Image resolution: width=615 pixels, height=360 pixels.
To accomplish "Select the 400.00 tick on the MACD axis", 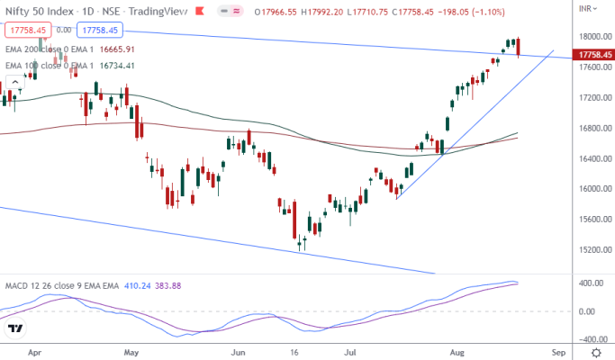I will pyautogui.click(x=590, y=283).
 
